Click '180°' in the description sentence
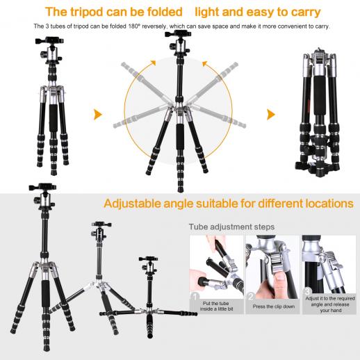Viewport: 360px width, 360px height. tap(134, 26)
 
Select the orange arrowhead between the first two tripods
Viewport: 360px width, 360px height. tap(98, 115)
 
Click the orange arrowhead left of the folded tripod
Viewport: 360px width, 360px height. tap(271, 115)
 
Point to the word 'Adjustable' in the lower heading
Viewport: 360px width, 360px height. tap(132, 204)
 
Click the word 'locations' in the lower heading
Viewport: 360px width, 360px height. tap(329, 204)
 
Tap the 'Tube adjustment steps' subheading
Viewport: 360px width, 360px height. tap(231, 227)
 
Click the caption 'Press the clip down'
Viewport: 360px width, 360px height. tap(274, 306)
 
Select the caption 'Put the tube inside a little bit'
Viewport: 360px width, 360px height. tap(216, 306)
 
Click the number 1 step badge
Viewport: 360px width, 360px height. tap(195, 297)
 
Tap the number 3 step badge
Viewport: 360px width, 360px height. tap(307, 291)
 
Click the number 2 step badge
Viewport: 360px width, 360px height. tap(251, 297)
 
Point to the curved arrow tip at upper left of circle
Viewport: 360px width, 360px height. tap(153, 63)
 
